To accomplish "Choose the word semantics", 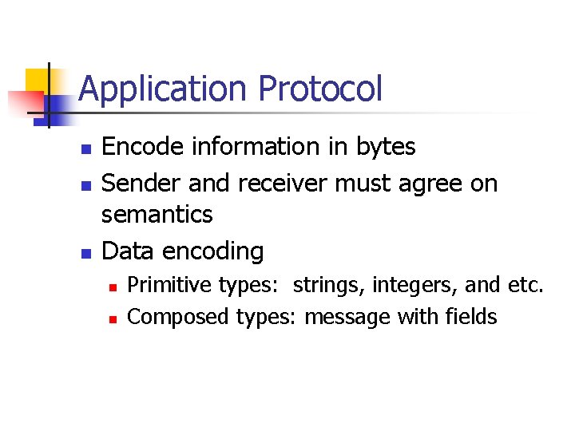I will click(x=157, y=215).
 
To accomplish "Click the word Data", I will click(x=129, y=251).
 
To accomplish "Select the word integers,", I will click(x=408, y=285).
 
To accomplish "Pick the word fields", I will click(x=470, y=317).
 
